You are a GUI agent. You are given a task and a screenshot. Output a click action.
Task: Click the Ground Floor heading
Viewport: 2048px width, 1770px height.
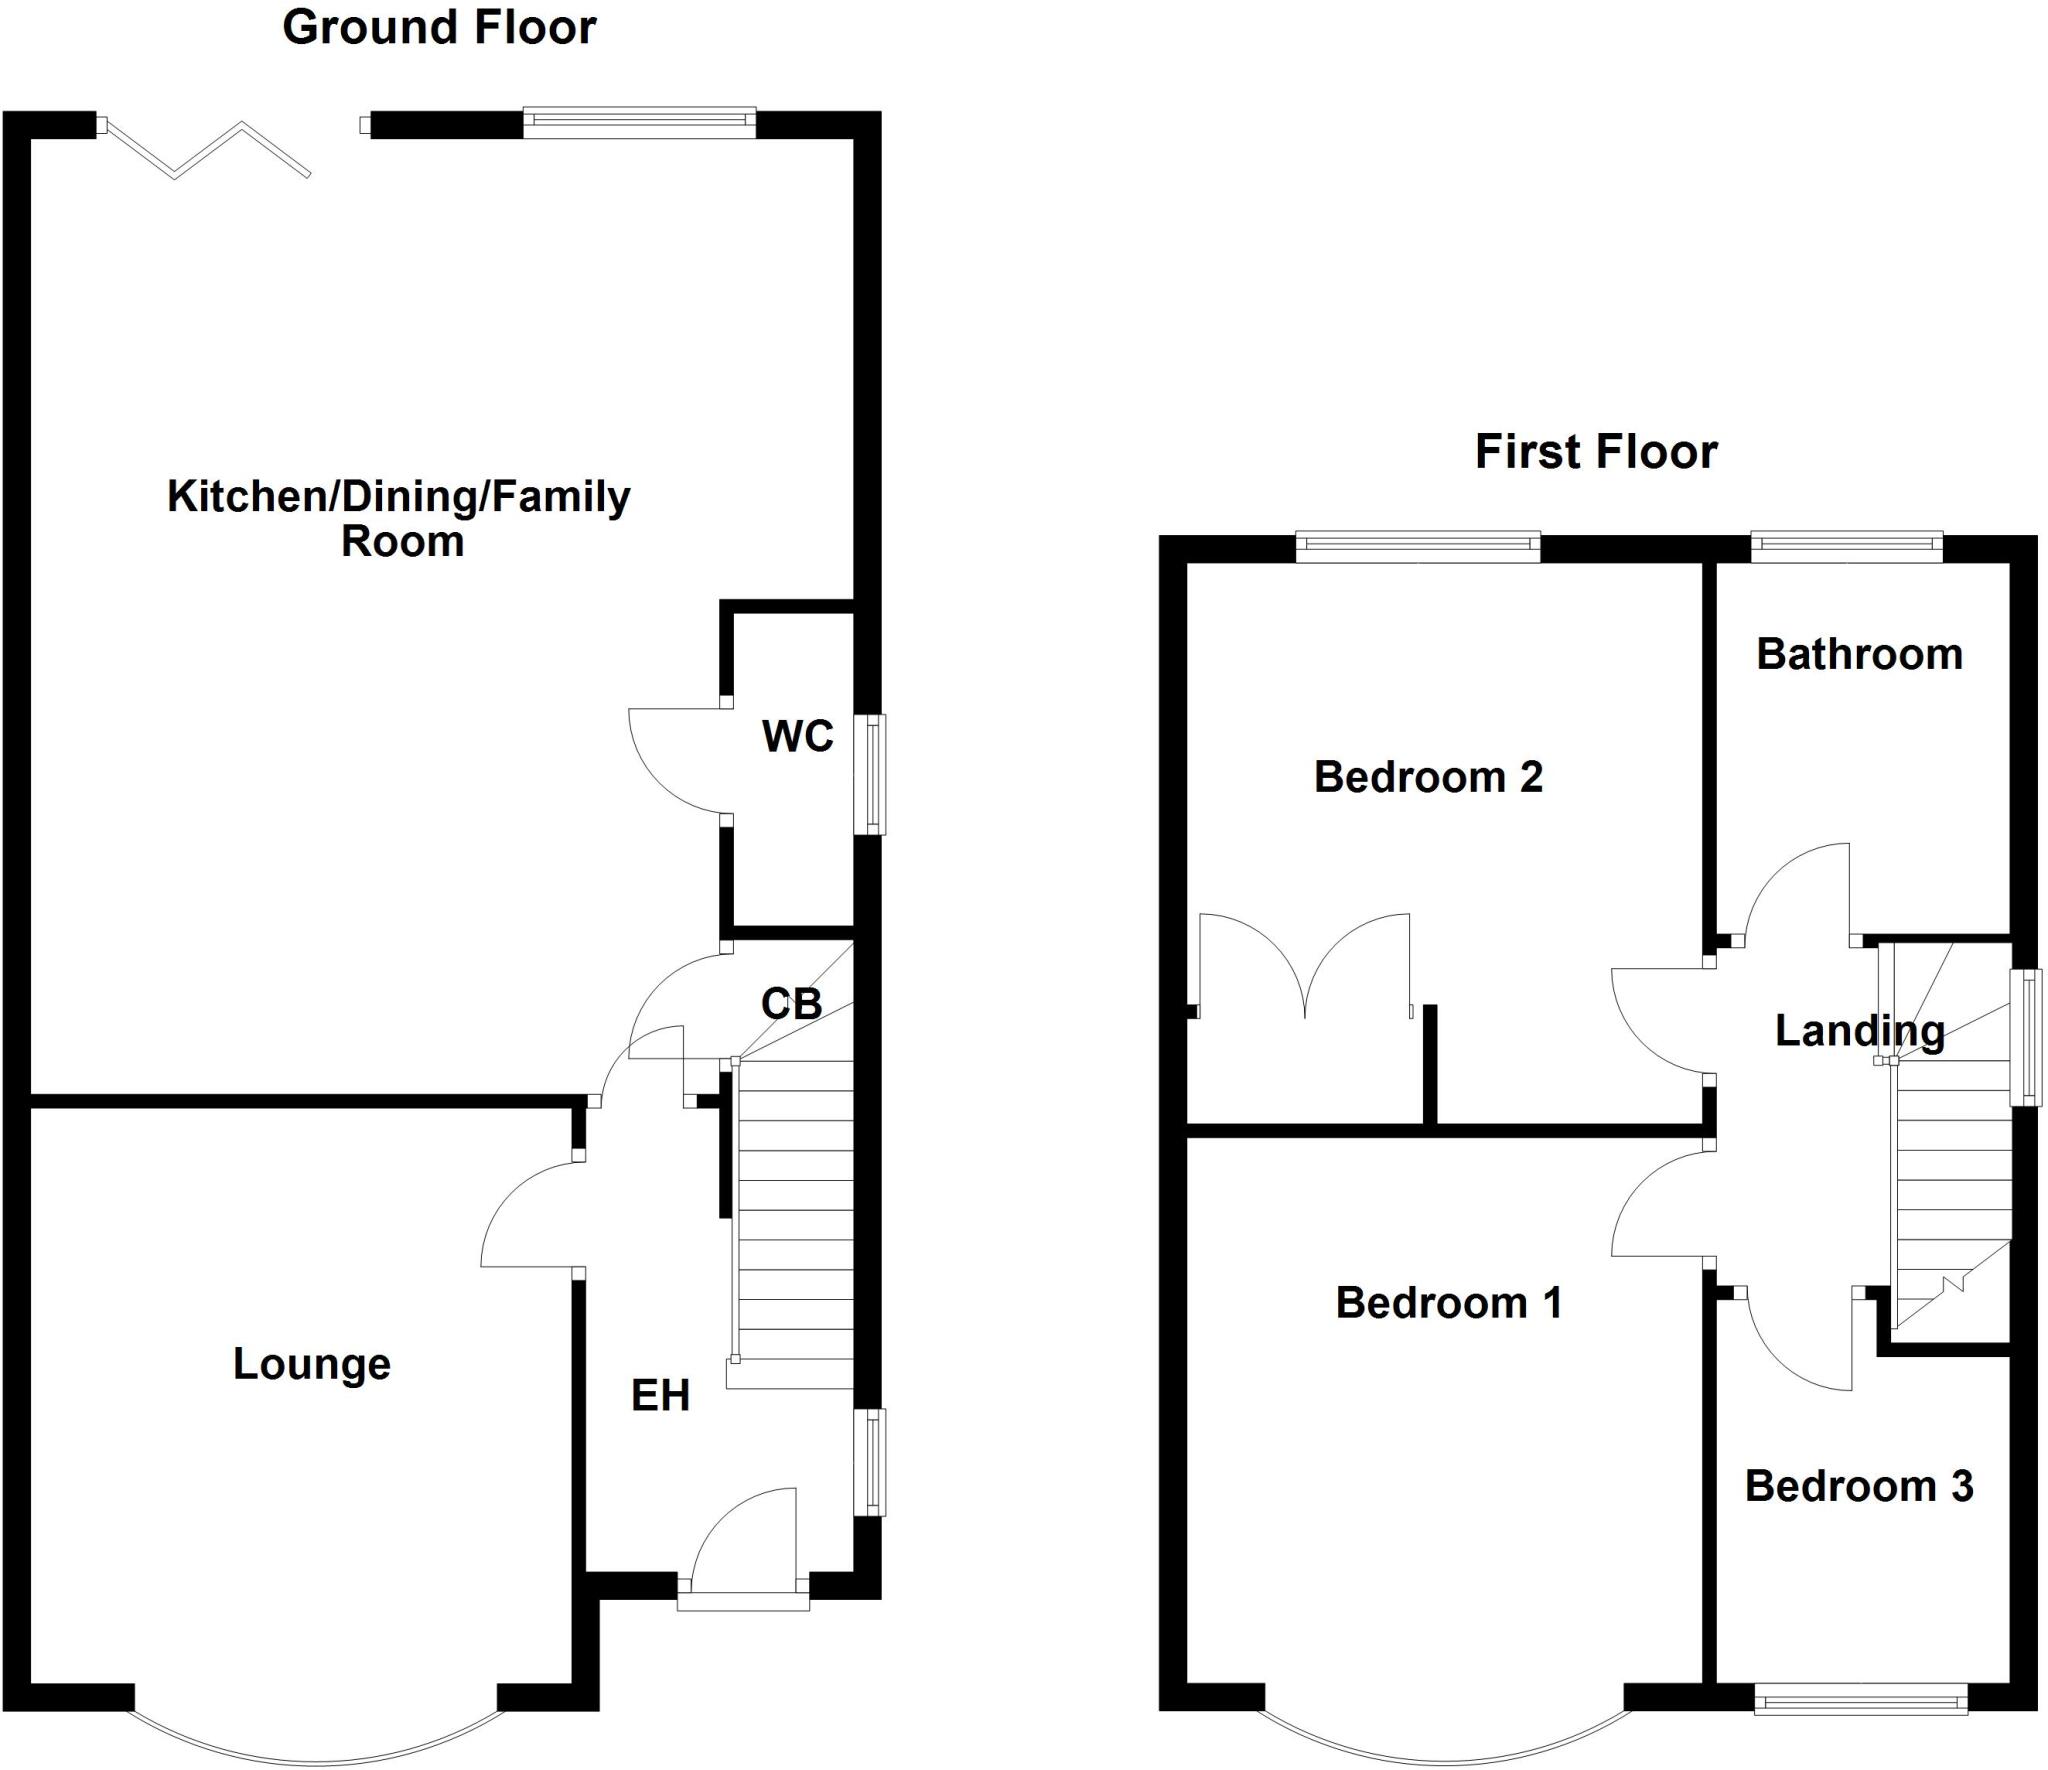coord(439,28)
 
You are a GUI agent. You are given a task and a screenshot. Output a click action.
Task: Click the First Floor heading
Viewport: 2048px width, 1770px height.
coord(1596,452)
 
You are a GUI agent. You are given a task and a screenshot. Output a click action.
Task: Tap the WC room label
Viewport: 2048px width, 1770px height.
coord(797,737)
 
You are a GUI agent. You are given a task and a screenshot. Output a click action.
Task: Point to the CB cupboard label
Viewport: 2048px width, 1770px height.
coord(791,1003)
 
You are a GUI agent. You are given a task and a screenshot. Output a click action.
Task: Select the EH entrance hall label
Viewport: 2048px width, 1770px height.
coord(660,1396)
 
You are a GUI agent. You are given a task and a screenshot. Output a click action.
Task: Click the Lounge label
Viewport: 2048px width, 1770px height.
coord(312,1364)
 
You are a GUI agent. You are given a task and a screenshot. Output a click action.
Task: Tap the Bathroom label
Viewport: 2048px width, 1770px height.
coord(1859,655)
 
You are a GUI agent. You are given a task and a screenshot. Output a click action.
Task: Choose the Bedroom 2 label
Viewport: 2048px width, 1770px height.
coord(1428,777)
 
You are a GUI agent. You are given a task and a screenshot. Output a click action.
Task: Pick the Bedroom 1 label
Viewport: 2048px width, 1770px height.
coord(1448,1303)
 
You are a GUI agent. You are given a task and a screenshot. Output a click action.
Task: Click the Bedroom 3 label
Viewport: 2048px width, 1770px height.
coord(1859,1487)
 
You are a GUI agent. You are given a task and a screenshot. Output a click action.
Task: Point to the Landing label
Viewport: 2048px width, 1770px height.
coord(1859,1031)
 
